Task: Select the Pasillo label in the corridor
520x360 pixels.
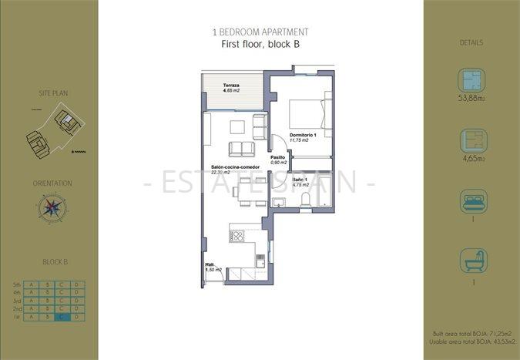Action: click(278, 158)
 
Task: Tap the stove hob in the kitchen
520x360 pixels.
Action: click(237, 237)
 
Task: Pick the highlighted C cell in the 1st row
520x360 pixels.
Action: click(61, 317)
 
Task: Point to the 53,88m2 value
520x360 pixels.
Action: click(471, 99)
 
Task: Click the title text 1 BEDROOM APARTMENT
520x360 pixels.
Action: click(260, 32)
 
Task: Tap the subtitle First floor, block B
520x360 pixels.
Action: click(260, 45)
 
